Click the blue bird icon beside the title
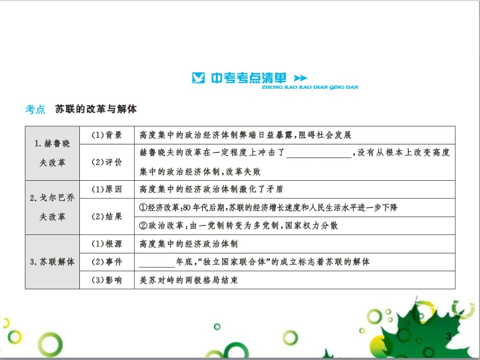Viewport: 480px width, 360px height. click(198, 78)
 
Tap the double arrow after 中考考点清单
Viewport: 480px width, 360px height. click(300, 78)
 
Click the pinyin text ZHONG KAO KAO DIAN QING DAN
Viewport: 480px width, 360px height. click(310, 87)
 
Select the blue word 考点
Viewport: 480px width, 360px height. click(35, 109)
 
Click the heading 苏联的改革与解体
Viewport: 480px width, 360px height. click(96, 109)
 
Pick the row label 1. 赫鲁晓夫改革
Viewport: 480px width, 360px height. click(53, 153)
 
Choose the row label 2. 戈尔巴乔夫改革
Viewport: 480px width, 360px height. click(53, 207)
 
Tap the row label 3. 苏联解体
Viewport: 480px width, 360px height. click(53, 262)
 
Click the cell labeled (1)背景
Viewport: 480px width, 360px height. click(107, 135)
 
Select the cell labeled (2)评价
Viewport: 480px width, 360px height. click(107, 162)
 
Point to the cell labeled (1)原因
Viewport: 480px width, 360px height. click(107, 189)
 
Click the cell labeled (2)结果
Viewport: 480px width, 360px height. click(107, 217)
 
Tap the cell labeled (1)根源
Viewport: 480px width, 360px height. click(107, 244)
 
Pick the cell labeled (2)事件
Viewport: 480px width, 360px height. click(107, 262)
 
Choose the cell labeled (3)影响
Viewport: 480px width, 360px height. click(107, 280)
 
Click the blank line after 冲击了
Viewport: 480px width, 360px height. click(319, 158)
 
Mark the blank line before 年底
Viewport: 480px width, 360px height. click(157, 267)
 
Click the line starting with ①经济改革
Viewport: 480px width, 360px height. click(268, 208)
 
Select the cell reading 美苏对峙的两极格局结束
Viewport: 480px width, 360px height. click(188, 280)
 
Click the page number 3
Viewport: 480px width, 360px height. click(449, 336)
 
